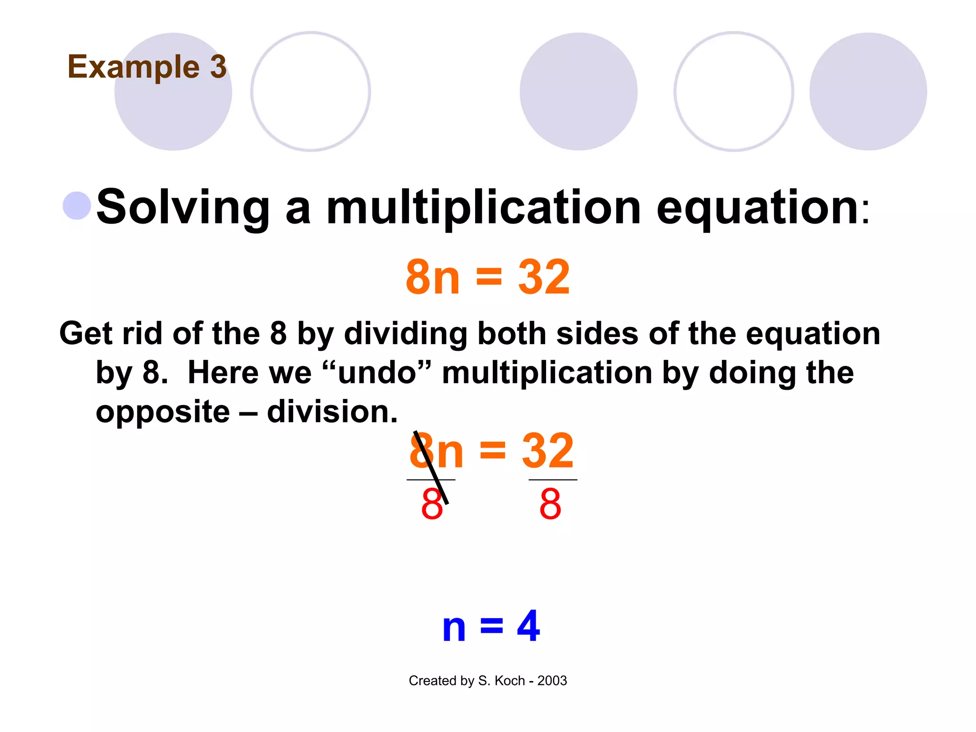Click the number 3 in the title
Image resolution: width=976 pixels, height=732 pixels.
pyautogui.click(x=218, y=67)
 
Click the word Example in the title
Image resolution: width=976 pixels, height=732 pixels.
pyautogui.click(x=133, y=68)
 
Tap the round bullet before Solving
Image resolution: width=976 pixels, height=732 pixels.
pyautogui.click(x=77, y=205)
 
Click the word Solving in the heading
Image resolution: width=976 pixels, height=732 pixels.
pyautogui.click(x=183, y=208)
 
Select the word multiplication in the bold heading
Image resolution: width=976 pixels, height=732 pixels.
pyautogui.click(x=483, y=208)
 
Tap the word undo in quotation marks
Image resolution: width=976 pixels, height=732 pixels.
pyautogui.click(x=377, y=373)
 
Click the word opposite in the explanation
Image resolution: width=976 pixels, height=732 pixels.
pyautogui.click(x=163, y=412)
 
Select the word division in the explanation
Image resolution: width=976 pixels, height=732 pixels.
pyautogui.click(x=332, y=412)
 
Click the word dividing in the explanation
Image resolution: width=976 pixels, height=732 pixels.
pyautogui.click(x=405, y=333)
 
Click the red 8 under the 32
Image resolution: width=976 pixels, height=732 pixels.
pyautogui.click(x=550, y=504)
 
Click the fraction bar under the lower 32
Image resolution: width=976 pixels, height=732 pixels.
pyautogui.click(x=553, y=480)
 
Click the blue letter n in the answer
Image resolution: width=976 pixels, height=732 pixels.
pyautogui.click(x=454, y=628)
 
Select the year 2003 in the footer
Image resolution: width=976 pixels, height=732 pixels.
pyautogui.click(x=552, y=681)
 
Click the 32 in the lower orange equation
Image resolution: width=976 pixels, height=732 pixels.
pyautogui.click(x=548, y=451)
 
